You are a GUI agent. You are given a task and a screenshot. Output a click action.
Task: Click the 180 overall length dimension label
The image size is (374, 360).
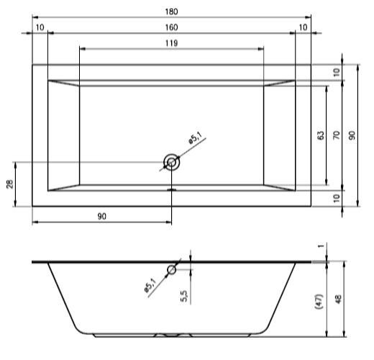tap(171, 12)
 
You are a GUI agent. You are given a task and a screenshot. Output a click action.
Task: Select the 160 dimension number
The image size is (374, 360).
tap(171, 27)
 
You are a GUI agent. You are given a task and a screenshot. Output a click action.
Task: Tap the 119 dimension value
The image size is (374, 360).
tap(171, 43)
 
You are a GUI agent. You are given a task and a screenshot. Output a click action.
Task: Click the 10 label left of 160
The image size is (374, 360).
tap(40, 27)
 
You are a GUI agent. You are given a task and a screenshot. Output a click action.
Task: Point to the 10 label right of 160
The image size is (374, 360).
tap(303, 27)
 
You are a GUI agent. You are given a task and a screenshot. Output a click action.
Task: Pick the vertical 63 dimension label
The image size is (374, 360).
tap(321, 135)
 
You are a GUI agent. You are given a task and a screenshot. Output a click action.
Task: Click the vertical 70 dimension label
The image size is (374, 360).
tap(337, 135)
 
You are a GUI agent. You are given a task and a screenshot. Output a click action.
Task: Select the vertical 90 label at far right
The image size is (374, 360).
tap(352, 135)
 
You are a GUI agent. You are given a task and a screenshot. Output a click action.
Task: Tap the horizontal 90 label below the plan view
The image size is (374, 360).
tap(101, 216)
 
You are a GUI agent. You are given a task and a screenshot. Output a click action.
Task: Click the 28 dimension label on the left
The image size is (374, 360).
tap(10, 184)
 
